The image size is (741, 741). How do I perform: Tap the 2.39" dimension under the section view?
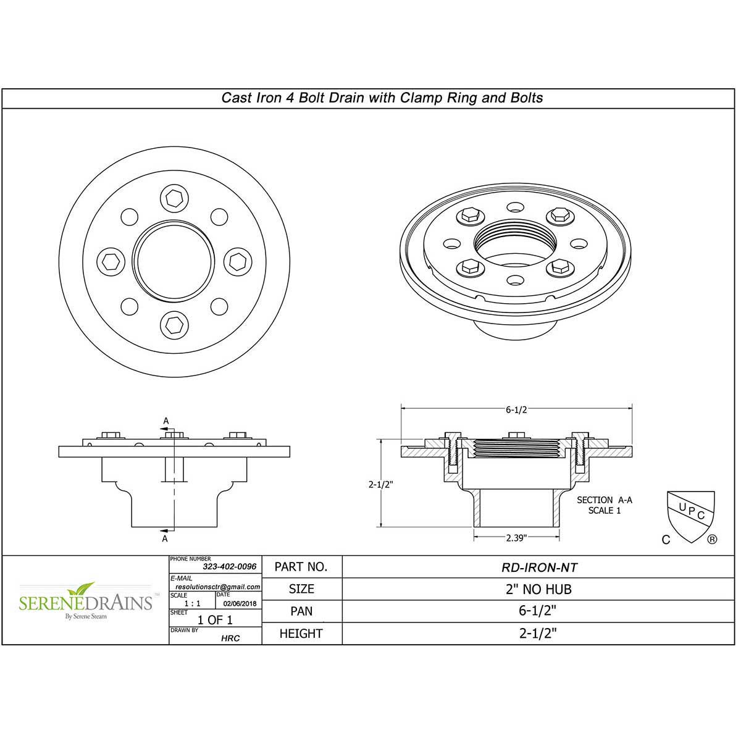516,538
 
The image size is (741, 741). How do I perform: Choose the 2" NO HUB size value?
535,589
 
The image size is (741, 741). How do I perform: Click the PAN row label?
301,611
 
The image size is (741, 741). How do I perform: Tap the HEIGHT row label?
301,634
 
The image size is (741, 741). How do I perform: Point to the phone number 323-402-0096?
229,566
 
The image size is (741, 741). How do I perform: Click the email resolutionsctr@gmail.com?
217,587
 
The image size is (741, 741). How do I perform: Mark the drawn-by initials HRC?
230,638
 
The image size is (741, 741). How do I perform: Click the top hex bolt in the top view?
174,198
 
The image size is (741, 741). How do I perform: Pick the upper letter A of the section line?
165,421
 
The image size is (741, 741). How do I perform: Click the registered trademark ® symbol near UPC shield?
712,539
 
